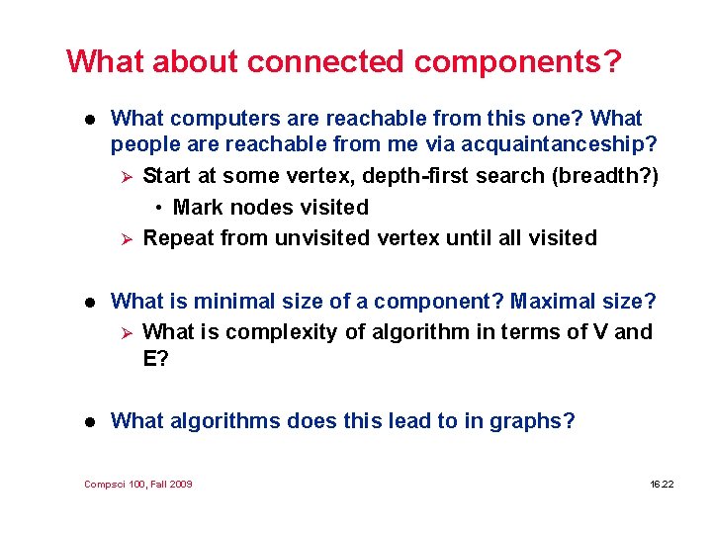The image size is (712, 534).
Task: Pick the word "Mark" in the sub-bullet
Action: (x=197, y=208)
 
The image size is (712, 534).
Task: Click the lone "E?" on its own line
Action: (x=156, y=358)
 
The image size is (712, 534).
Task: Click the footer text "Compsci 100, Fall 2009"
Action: (x=138, y=484)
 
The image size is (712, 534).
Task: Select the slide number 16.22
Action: (x=662, y=484)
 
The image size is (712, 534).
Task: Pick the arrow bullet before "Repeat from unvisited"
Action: (x=124, y=238)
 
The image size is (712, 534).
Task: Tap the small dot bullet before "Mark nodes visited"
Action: (x=158, y=209)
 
